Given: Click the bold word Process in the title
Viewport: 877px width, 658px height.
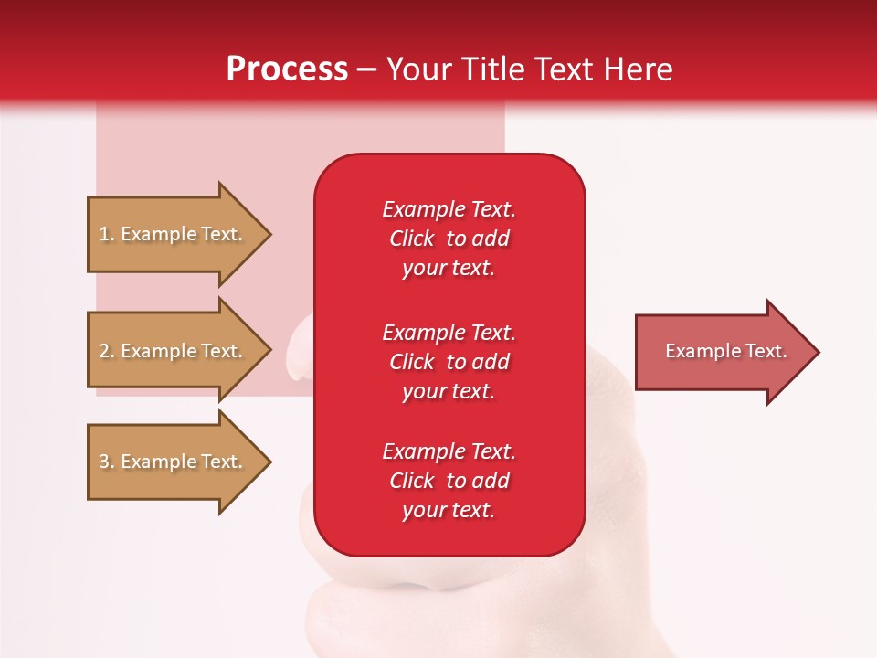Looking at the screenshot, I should click(x=287, y=69).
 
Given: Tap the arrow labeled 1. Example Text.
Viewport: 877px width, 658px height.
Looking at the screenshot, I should click(x=174, y=235).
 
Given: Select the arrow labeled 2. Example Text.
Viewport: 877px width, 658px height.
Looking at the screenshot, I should click(x=174, y=351).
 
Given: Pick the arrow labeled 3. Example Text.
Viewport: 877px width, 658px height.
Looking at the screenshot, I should click(x=174, y=462).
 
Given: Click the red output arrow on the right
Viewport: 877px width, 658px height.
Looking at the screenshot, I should click(x=722, y=352).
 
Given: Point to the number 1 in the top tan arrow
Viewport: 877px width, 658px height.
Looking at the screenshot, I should click(x=105, y=235).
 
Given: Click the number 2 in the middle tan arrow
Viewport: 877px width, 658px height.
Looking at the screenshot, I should click(x=105, y=351).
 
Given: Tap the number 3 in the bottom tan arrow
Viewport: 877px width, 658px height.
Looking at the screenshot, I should click(x=105, y=462).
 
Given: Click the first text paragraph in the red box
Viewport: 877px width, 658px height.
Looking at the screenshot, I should click(x=449, y=239).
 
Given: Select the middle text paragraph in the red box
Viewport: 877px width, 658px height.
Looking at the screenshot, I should click(x=449, y=362).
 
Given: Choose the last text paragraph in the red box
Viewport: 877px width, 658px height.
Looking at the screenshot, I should click(x=449, y=481).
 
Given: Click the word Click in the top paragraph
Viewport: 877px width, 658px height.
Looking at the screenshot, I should click(x=411, y=239).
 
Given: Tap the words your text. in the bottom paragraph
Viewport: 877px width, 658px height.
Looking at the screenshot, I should click(x=449, y=511).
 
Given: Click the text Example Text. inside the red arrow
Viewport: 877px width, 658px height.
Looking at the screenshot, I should click(x=725, y=351).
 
